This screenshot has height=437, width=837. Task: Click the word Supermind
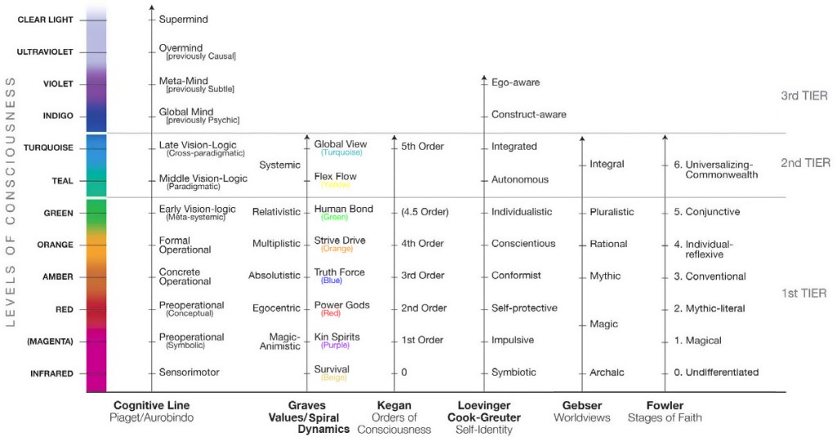click(x=183, y=18)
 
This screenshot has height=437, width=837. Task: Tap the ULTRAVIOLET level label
click(x=45, y=52)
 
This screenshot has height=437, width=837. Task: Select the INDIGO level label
click(x=58, y=115)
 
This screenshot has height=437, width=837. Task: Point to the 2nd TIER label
click(x=804, y=163)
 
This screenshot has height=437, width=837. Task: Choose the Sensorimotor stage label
click(x=189, y=372)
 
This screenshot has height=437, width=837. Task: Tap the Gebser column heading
click(x=582, y=405)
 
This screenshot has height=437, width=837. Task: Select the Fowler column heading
click(x=665, y=405)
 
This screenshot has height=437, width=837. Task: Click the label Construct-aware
click(x=528, y=115)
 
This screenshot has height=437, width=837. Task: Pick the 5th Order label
click(x=422, y=146)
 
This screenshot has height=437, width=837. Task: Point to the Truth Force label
click(x=339, y=273)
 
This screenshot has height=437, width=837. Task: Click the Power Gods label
click(x=342, y=305)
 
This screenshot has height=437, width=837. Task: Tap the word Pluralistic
click(x=611, y=212)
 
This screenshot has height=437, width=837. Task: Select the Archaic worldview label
click(x=606, y=372)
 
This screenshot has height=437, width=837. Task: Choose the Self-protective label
click(x=524, y=308)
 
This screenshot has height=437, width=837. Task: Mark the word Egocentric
click(x=276, y=308)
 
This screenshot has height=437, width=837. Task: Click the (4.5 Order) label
click(x=424, y=212)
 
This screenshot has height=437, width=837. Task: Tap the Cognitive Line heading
click(x=152, y=405)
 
